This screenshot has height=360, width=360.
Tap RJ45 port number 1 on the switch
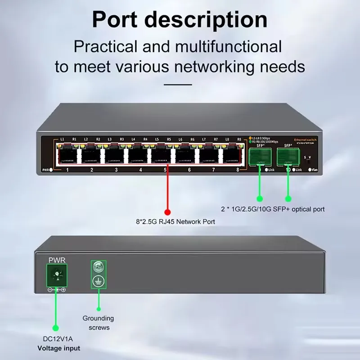[67, 155]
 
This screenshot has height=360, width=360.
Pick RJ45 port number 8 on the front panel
[233, 155]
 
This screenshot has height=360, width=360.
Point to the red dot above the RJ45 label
[167, 211]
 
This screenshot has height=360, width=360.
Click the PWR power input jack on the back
[57, 275]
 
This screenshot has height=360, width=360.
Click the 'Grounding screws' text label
[99, 323]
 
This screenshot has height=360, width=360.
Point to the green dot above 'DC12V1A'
[56, 328]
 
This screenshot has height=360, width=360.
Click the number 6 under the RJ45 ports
[189, 170]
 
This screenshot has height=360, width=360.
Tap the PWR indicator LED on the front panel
[51, 170]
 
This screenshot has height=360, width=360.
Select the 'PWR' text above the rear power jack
[57, 260]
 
